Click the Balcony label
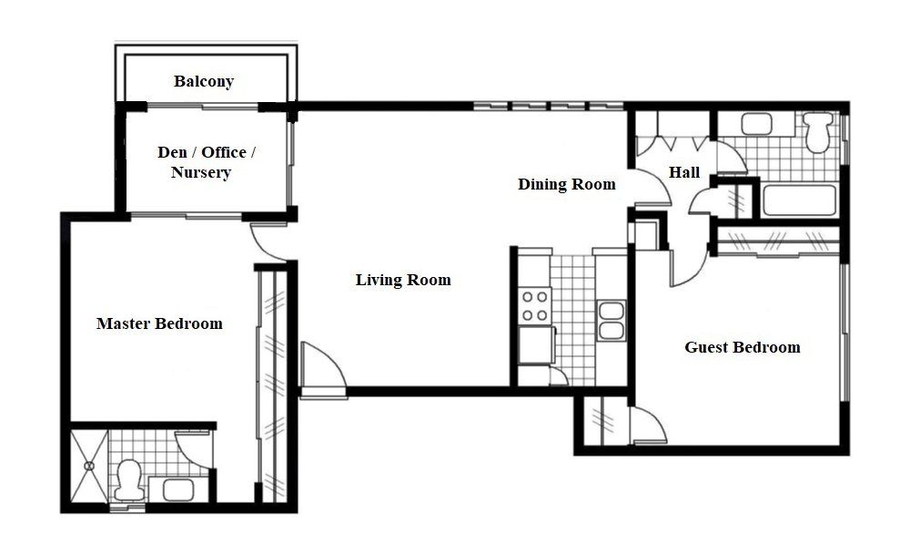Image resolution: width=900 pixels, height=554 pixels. [204, 82]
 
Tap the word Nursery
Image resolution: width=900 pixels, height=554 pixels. [201, 172]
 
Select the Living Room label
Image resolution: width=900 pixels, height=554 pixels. [402, 280]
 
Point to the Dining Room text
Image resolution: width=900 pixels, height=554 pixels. [566, 184]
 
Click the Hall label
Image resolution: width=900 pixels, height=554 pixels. [684, 172]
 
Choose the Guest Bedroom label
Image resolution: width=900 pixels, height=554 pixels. [743, 347]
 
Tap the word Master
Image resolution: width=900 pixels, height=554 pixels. [124, 323]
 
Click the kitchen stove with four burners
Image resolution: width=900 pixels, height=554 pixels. [534, 305]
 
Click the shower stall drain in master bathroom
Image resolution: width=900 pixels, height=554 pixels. [89, 467]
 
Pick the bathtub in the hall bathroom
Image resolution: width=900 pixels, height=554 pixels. [796, 200]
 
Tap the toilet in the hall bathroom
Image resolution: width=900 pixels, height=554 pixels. [818, 130]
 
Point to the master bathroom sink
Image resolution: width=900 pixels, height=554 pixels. [178, 489]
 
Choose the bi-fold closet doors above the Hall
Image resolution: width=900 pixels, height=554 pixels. [674, 138]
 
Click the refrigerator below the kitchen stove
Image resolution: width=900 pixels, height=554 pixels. [536, 344]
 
